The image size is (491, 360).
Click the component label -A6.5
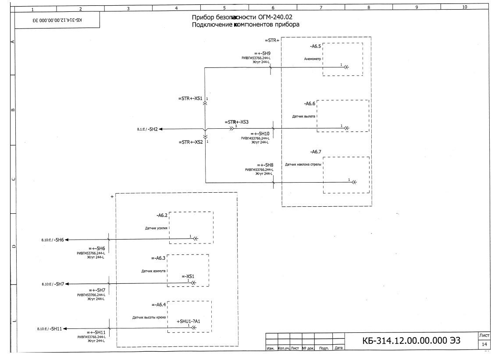tap(316, 46)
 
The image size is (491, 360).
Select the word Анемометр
tap(313, 59)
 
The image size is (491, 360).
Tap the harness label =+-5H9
tap(262, 53)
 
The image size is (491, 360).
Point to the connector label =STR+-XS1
tap(190, 99)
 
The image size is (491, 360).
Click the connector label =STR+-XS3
tap(236, 122)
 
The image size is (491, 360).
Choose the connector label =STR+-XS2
tap(191, 142)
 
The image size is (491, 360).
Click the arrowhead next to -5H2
tap(160, 129)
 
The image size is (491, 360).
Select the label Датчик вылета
tap(304, 116)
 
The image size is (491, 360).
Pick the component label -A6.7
tap(316, 152)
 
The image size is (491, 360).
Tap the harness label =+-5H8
tap(265, 165)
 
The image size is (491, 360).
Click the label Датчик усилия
tap(156, 228)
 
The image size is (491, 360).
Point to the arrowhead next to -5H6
tap(67, 240)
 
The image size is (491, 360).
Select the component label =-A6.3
tap(158, 258)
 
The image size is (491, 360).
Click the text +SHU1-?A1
tap(189, 321)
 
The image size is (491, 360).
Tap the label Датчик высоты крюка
tap(149, 318)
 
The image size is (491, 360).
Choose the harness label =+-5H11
tap(96, 332)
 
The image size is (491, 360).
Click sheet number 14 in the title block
tap(484, 344)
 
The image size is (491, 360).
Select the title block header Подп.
tap(324, 348)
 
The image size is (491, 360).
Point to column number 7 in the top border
tap(321, 7)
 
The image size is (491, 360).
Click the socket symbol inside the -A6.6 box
tap(346, 128)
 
